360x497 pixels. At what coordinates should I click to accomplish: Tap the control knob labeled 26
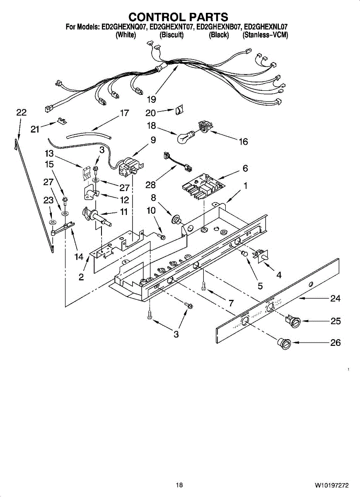(x=285, y=343)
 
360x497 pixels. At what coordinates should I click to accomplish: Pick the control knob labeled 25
(x=293, y=321)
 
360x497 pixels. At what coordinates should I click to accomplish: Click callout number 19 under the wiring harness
(x=152, y=99)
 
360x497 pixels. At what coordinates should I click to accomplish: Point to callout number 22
(x=21, y=112)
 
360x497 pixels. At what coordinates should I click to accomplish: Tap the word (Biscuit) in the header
(x=171, y=35)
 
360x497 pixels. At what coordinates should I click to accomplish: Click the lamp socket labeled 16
(x=205, y=127)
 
